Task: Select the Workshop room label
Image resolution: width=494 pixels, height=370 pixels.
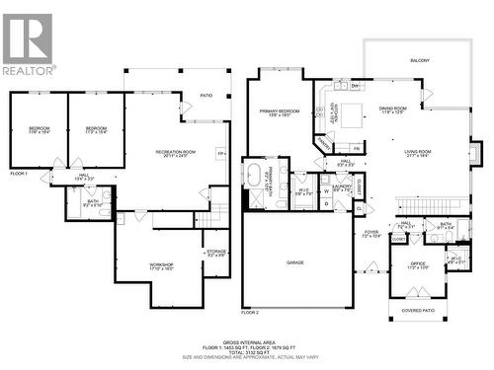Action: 161,265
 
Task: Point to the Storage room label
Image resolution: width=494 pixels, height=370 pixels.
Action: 216,253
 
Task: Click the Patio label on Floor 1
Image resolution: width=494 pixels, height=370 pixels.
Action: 206,96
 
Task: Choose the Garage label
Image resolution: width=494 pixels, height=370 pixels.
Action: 293,262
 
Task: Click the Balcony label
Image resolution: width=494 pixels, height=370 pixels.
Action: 420,60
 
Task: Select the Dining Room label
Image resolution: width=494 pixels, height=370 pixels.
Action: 394,110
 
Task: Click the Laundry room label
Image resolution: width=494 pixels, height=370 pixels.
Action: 342,186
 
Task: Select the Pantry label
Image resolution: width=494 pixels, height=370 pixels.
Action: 323,144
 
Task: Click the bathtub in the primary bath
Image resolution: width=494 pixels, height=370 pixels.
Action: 254,176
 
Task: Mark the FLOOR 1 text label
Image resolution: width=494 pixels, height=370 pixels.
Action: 19,174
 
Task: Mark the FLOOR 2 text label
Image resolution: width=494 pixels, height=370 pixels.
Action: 250,312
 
